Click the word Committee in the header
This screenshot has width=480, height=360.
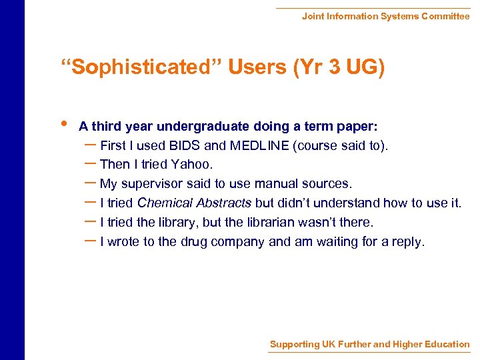coord(445,16)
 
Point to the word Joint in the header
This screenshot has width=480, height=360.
coord(313,16)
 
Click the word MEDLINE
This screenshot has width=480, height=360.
coord(259,145)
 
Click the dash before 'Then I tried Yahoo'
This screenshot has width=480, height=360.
coord(90,163)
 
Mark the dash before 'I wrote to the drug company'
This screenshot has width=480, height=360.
coord(90,241)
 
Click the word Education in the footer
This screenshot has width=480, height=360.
coord(441,345)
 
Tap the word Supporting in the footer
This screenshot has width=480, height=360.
coord(294,345)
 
